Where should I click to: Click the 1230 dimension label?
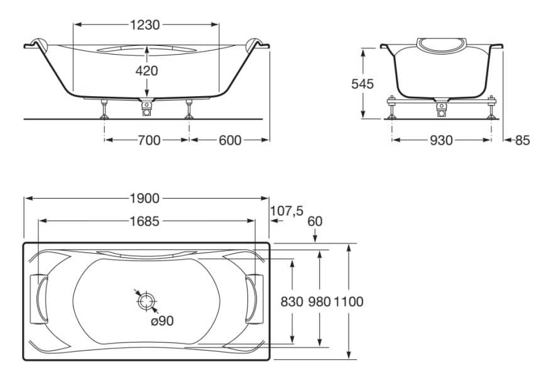coord(146,25)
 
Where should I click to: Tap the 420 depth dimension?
coord(146,70)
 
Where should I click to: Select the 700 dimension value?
coord(149,140)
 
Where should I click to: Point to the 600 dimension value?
coord(230,140)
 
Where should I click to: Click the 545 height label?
coord(362,84)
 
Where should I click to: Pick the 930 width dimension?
coord(441,140)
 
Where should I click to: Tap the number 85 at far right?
coord(523,140)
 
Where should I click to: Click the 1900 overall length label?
coord(145,199)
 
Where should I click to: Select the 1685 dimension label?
coord(145,221)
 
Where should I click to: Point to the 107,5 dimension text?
coord(287,211)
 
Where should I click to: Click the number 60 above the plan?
coord(315,221)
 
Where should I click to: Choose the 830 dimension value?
coord(292,302)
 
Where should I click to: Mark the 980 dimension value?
coord(320,302)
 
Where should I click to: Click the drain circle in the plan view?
coord(146,301)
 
